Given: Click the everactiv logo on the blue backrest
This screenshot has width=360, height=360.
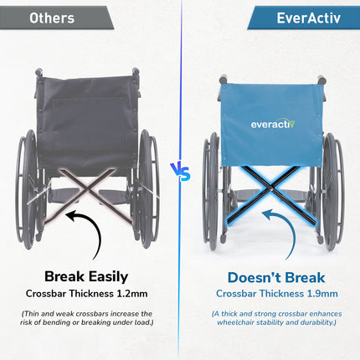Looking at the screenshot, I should point(273,124).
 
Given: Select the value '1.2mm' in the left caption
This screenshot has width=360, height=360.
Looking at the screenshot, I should point(140,294).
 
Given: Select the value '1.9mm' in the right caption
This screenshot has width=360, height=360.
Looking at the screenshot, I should point(323,294).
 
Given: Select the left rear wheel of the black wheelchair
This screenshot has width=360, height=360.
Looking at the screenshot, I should point(28,188).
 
